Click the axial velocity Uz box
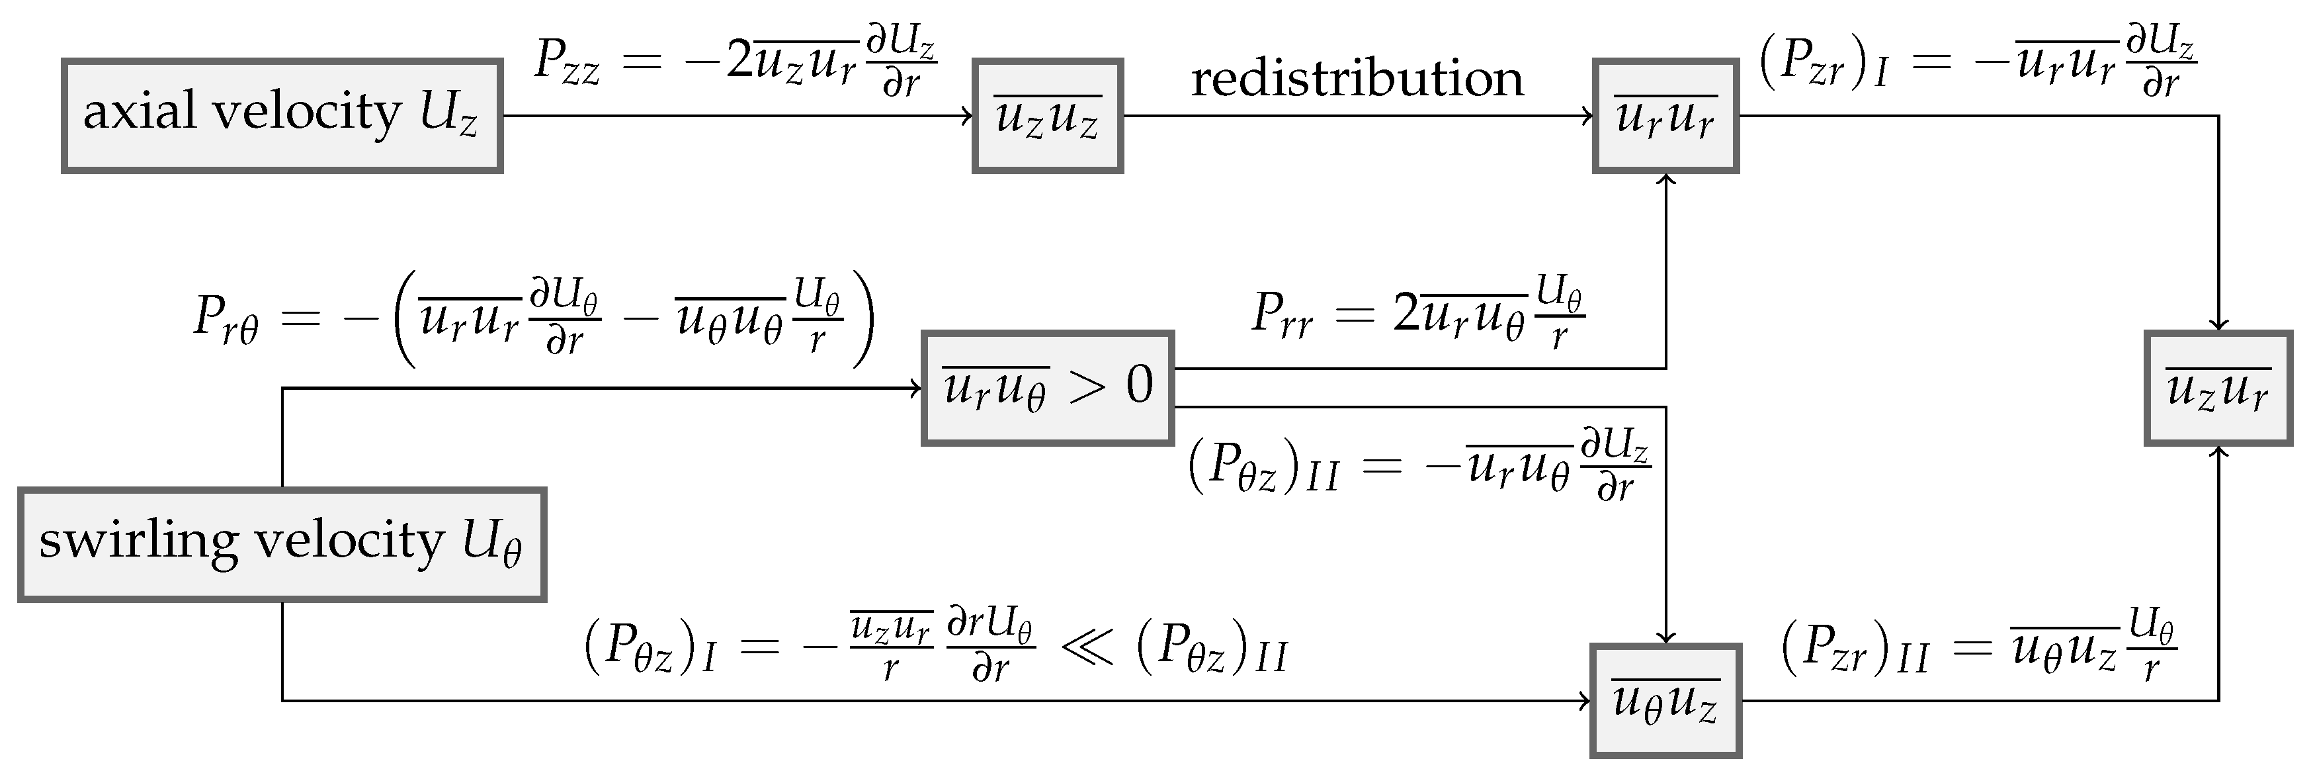pyautogui.click(x=281, y=116)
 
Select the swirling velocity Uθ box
pyautogui.click(x=281, y=544)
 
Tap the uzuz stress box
pyautogui.click(x=1047, y=116)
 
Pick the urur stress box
pyautogui.click(x=1665, y=116)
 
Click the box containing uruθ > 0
pyautogui.click(x=1047, y=388)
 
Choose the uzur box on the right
pyautogui.click(x=2217, y=388)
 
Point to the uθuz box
pyautogui.click(x=1665, y=701)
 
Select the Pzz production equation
pyautogui.click(x=734, y=62)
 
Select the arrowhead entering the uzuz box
pyautogui.click(x=968, y=116)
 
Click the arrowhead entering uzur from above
pyautogui.click(x=2218, y=325)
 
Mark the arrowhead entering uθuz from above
pyautogui.click(x=1665, y=638)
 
